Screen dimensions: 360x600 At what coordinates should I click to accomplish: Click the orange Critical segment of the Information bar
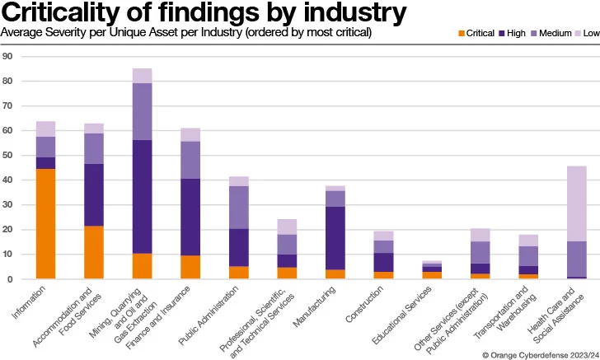45,223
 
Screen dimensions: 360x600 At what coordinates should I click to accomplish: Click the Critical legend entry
476,34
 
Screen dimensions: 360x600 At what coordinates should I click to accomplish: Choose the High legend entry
514,34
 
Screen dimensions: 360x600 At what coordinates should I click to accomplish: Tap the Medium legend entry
554,34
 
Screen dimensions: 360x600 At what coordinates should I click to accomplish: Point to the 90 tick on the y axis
7,57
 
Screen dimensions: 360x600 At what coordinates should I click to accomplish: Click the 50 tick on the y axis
7,156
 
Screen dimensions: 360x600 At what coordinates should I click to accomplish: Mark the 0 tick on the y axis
9,279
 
